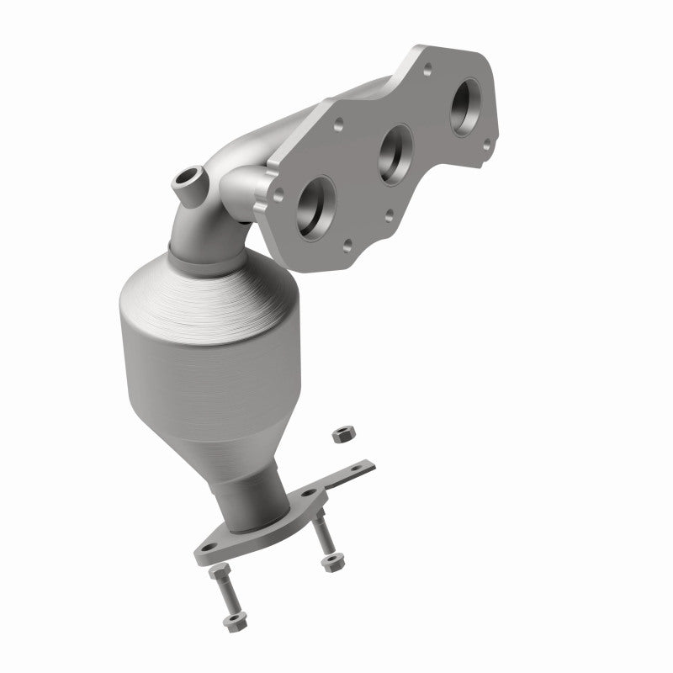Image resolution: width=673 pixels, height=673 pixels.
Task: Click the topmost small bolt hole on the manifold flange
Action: (427, 65)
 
